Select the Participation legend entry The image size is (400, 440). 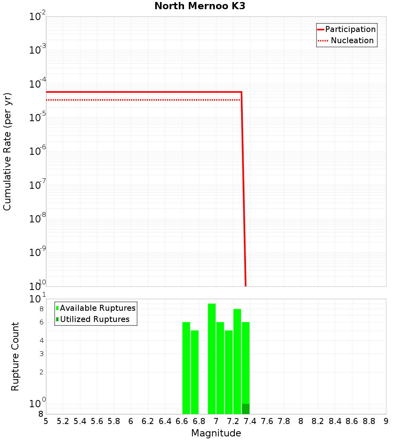346,29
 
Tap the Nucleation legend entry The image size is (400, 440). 346,40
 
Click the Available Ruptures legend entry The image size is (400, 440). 96,308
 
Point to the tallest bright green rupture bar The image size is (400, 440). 212,359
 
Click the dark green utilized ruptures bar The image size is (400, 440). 246,409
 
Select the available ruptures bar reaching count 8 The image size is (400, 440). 237,361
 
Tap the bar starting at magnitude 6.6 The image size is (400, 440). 186,368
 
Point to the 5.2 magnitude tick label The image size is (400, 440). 63,421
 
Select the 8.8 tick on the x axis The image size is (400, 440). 369,421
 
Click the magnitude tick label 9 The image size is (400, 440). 386,421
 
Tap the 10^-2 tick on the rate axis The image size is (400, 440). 38,17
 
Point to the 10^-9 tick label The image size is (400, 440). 38,253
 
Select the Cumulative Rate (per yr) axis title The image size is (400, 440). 8,152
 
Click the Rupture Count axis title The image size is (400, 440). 15,356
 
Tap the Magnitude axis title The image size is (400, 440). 216,433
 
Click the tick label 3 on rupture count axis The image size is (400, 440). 41,354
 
